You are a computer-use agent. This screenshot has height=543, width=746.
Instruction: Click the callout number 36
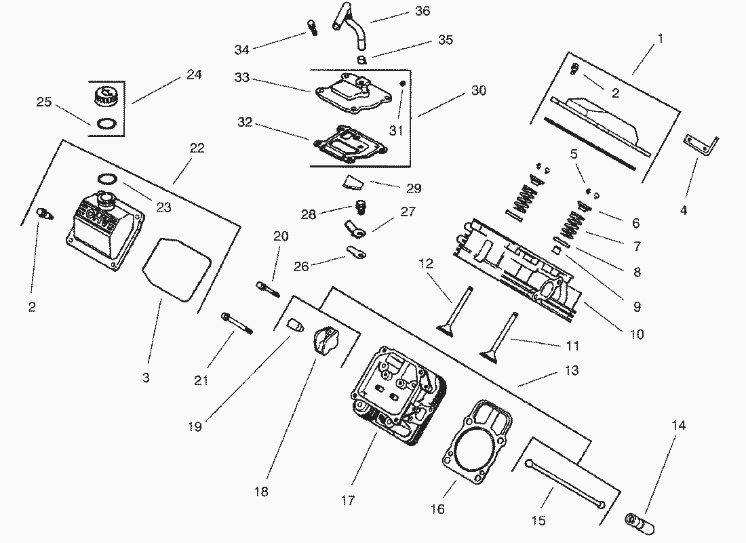[423, 11]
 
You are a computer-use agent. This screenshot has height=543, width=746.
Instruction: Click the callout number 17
[347, 501]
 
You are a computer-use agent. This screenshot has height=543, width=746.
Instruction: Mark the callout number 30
[479, 90]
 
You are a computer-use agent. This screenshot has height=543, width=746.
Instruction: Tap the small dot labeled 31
[401, 83]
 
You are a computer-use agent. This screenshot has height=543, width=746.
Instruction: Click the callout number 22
[197, 148]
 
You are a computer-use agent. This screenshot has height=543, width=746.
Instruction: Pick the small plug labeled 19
[293, 325]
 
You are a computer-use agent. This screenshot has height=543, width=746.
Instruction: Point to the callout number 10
[637, 334]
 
